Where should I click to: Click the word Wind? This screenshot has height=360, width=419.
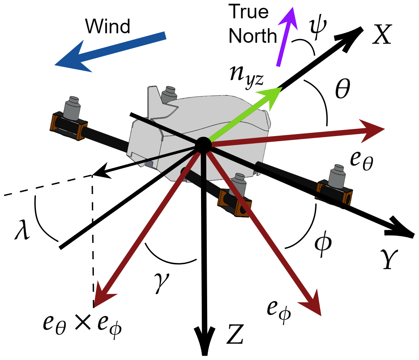[x=107, y=26]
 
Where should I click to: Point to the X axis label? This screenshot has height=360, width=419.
[x=382, y=35]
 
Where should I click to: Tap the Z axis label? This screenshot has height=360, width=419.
[x=235, y=334]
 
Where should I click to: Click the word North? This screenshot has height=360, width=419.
[x=253, y=36]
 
